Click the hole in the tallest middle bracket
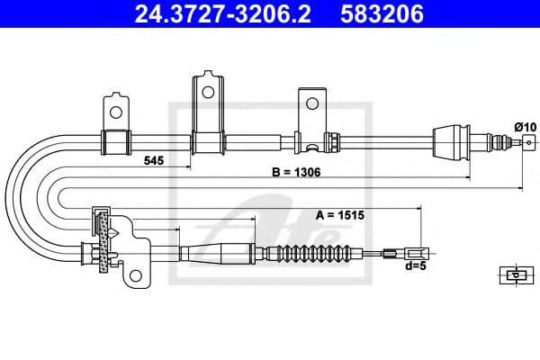point(206,91)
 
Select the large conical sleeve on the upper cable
point(454,140)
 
